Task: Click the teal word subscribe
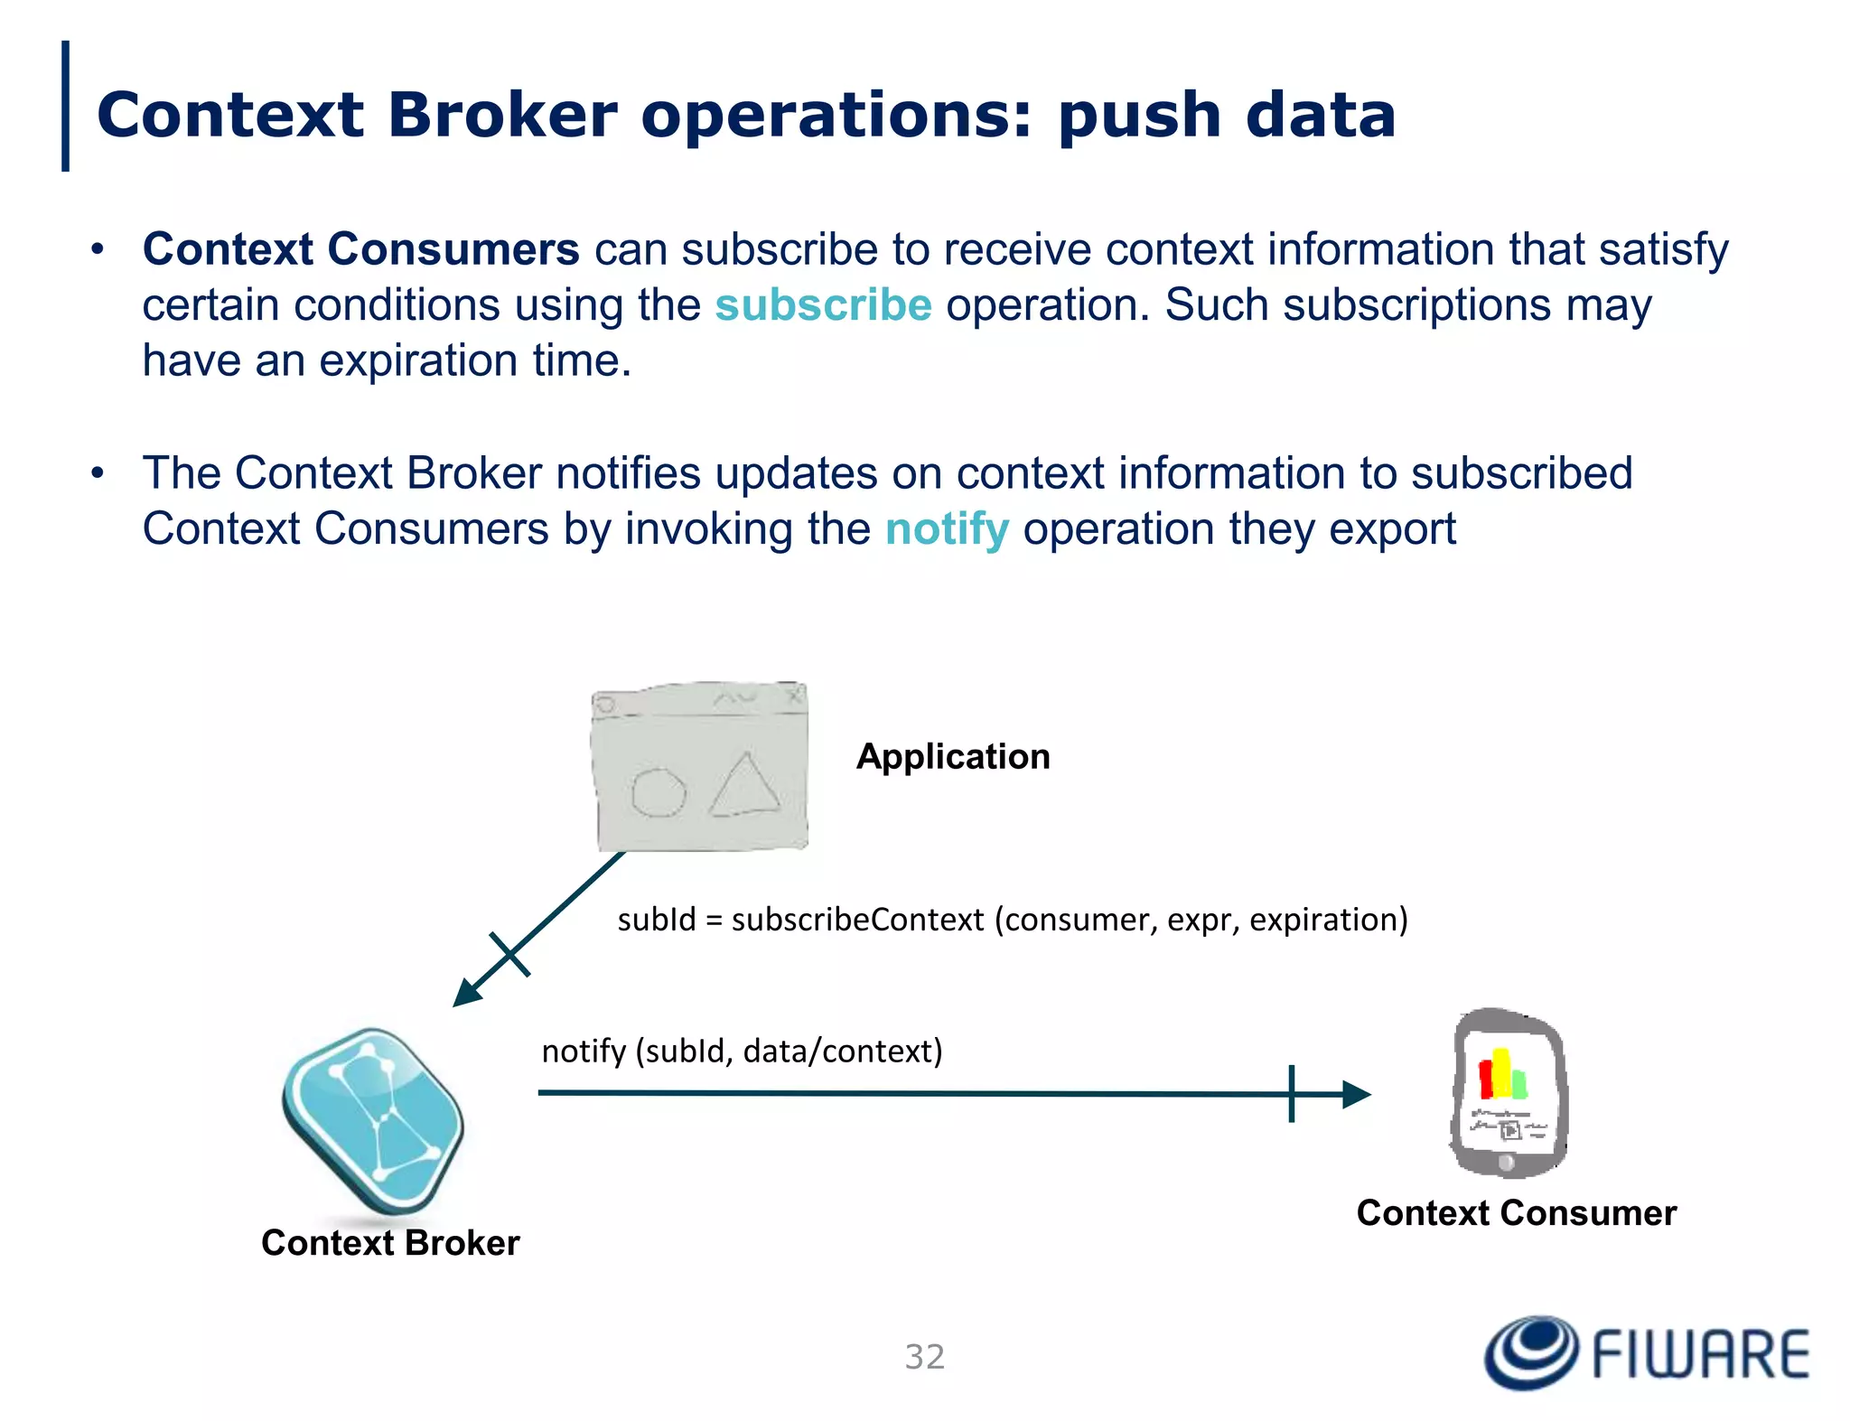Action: click(823, 305)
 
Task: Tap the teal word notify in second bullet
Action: click(946, 529)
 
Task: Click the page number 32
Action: click(924, 1357)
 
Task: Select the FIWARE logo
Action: click(1647, 1352)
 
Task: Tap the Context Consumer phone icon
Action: click(1508, 1092)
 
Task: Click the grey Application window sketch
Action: click(699, 766)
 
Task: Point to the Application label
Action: click(953, 756)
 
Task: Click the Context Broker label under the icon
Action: click(390, 1243)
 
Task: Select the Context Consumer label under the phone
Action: click(1516, 1213)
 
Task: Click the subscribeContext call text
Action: click(1012, 920)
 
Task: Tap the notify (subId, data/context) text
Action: click(742, 1052)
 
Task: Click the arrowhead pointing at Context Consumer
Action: click(1356, 1094)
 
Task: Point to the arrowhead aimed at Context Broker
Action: click(466, 993)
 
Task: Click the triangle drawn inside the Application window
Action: click(744, 788)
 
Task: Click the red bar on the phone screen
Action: click(1484, 1079)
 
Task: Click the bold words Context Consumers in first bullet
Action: click(360, 249)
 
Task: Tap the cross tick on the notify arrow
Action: click(1292, 1094)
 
